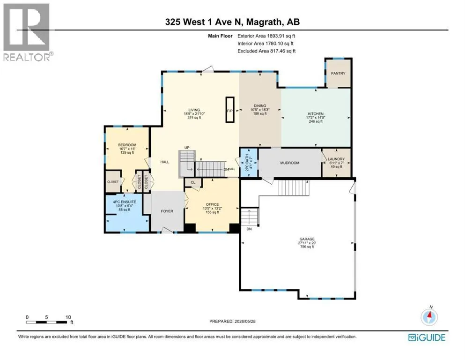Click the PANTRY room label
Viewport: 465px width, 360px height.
[338, 73]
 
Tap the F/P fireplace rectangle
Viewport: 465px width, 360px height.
[230, 110]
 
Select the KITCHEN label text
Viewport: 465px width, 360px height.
[316, 113]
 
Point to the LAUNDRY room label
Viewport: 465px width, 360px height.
[336, 159]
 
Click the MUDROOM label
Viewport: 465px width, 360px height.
[290, 163]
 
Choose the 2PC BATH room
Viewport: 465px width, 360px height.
[249, 163]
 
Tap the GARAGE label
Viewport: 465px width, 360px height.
[307, 239]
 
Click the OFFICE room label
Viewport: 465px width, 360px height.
[212, 204]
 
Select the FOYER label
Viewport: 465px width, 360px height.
[167, 211]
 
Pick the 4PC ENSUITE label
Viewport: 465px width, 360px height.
[125, 202]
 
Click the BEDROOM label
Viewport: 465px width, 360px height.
[127, 145]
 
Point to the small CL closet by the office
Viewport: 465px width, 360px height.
[193, 182]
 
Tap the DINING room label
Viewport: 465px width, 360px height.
[260, 105]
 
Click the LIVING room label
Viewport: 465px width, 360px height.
[194, 110]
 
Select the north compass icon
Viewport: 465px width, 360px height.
[429, 317]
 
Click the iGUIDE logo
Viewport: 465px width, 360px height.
[427, 338]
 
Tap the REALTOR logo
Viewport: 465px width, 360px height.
[27, 32]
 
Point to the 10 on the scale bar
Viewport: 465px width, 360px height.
[68, 317]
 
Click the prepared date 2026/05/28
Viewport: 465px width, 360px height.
[244, 321]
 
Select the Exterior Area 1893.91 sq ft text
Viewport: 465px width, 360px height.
[266, 36]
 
